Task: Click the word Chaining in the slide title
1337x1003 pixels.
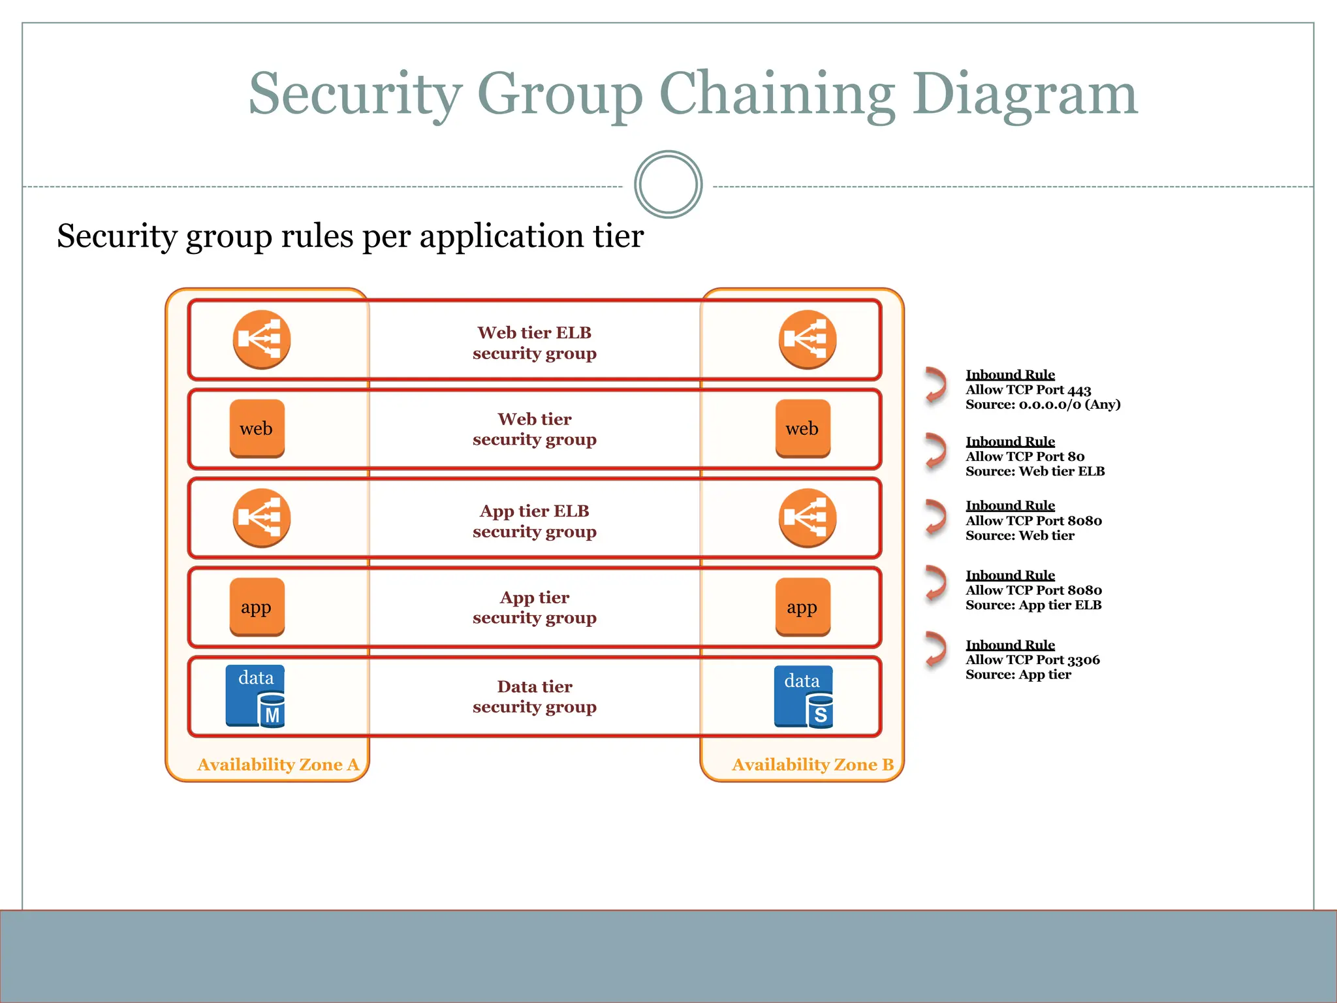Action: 777,95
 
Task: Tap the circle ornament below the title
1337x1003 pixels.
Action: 668,185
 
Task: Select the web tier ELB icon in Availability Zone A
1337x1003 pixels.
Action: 262,339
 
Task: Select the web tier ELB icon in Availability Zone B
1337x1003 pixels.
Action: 807,339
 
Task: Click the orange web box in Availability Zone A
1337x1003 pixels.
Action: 257,428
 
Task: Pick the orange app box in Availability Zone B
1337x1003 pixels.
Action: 802,607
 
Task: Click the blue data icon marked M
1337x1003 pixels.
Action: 255,696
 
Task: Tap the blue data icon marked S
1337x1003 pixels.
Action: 803,697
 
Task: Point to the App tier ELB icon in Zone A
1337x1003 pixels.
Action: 262,518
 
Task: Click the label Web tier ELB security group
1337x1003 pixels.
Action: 534,343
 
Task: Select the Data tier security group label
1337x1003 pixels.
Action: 534,696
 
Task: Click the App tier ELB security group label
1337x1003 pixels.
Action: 534,521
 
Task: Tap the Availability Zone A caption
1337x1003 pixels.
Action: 278,765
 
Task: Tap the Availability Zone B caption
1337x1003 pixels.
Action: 812,765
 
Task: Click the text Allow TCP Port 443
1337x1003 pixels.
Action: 1028,390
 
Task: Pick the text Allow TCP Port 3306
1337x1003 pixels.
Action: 1032,660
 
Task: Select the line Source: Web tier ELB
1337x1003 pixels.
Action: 1035,471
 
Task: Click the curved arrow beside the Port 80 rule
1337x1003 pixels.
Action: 936,451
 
